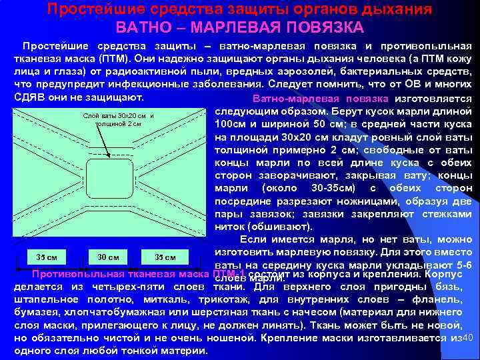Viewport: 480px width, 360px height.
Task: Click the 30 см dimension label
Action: (x=108, y=257)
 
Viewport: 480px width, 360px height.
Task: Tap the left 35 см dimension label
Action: (x=45, y=257)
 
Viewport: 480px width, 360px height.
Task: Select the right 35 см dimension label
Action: (x=165, y=257)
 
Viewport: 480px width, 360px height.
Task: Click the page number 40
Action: (x=467, y=339)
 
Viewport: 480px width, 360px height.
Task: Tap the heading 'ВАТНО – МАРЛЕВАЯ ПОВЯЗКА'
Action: (x=240, y=28)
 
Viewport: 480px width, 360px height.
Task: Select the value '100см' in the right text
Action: (x=233, y=124)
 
